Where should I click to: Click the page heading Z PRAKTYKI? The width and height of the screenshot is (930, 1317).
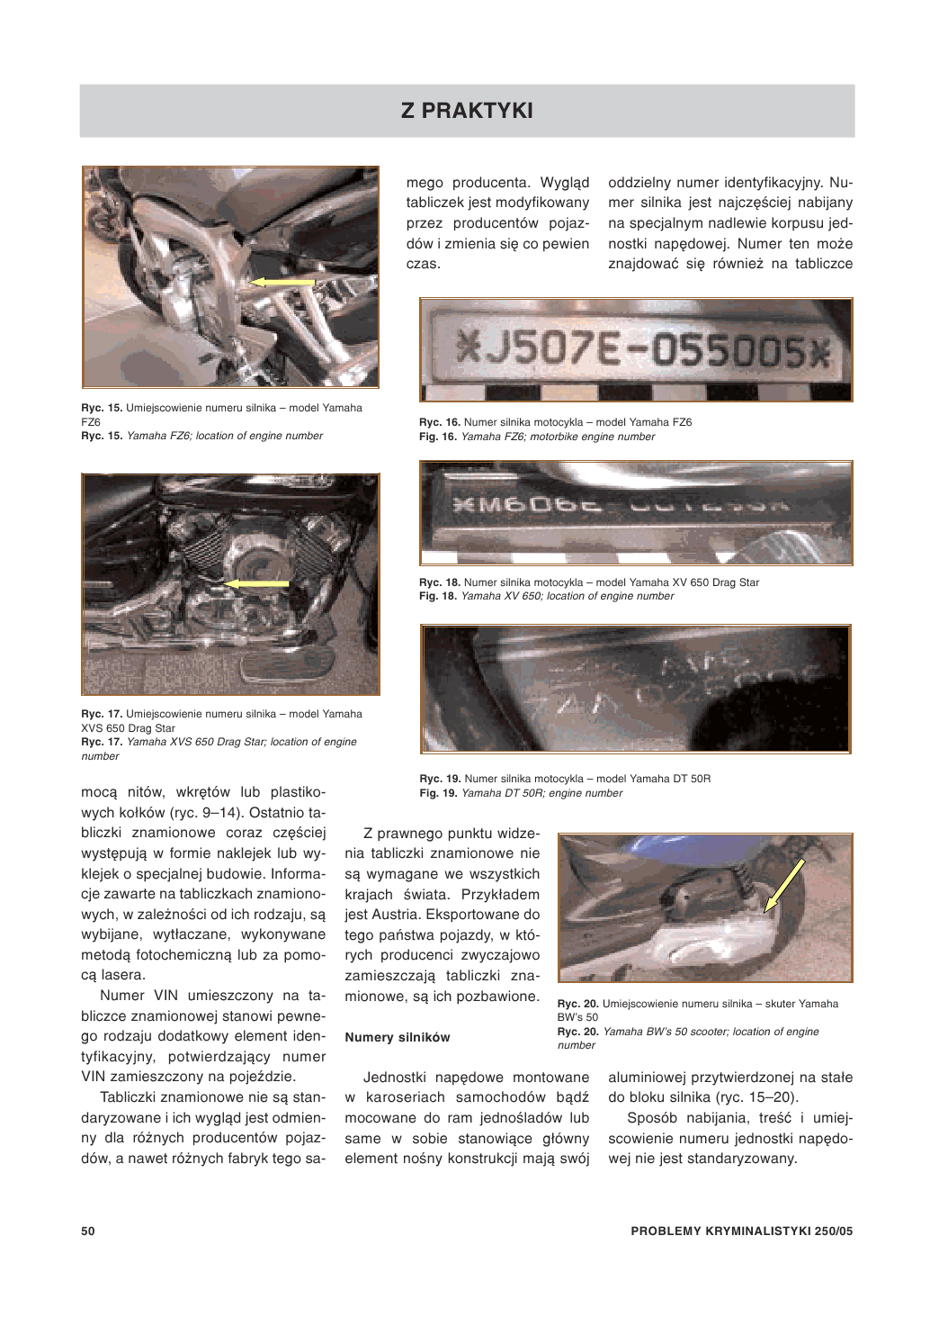pos(467,111)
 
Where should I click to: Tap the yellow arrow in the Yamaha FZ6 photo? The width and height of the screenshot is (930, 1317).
pos(282,282)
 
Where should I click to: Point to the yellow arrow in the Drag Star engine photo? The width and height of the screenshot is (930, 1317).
pos(256,583)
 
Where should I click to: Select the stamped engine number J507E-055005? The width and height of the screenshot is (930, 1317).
pos(640,349)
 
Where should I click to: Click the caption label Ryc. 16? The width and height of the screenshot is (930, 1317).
pos(440,422)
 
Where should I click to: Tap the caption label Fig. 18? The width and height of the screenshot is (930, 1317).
pos(439,596)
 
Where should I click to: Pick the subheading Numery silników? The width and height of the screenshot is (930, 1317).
pos(398,1037)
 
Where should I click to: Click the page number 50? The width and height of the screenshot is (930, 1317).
pos(88,1231)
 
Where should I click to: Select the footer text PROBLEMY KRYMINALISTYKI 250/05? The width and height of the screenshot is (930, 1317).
pos(741,1231)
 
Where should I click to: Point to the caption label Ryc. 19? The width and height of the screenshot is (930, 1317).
pos(440,779)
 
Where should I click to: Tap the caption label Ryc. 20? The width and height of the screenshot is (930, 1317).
pos(578,1004)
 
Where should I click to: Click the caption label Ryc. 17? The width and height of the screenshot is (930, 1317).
pos(102,714)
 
